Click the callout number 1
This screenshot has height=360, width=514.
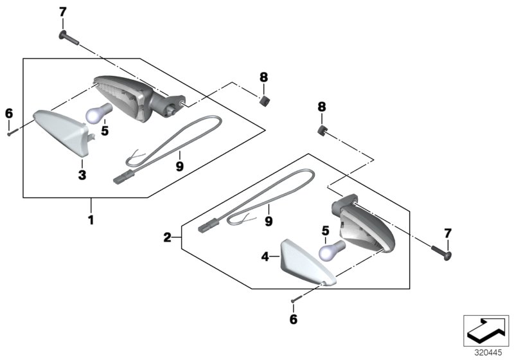(91, 220)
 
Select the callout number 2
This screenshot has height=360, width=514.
(167, 238)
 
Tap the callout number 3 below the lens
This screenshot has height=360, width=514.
(82, 174)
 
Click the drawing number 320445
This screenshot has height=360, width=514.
(490, 353)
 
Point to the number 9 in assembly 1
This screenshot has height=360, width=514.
(180, 166)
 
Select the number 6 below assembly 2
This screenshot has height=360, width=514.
(294, 319)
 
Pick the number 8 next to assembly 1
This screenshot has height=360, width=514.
(263, 78)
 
